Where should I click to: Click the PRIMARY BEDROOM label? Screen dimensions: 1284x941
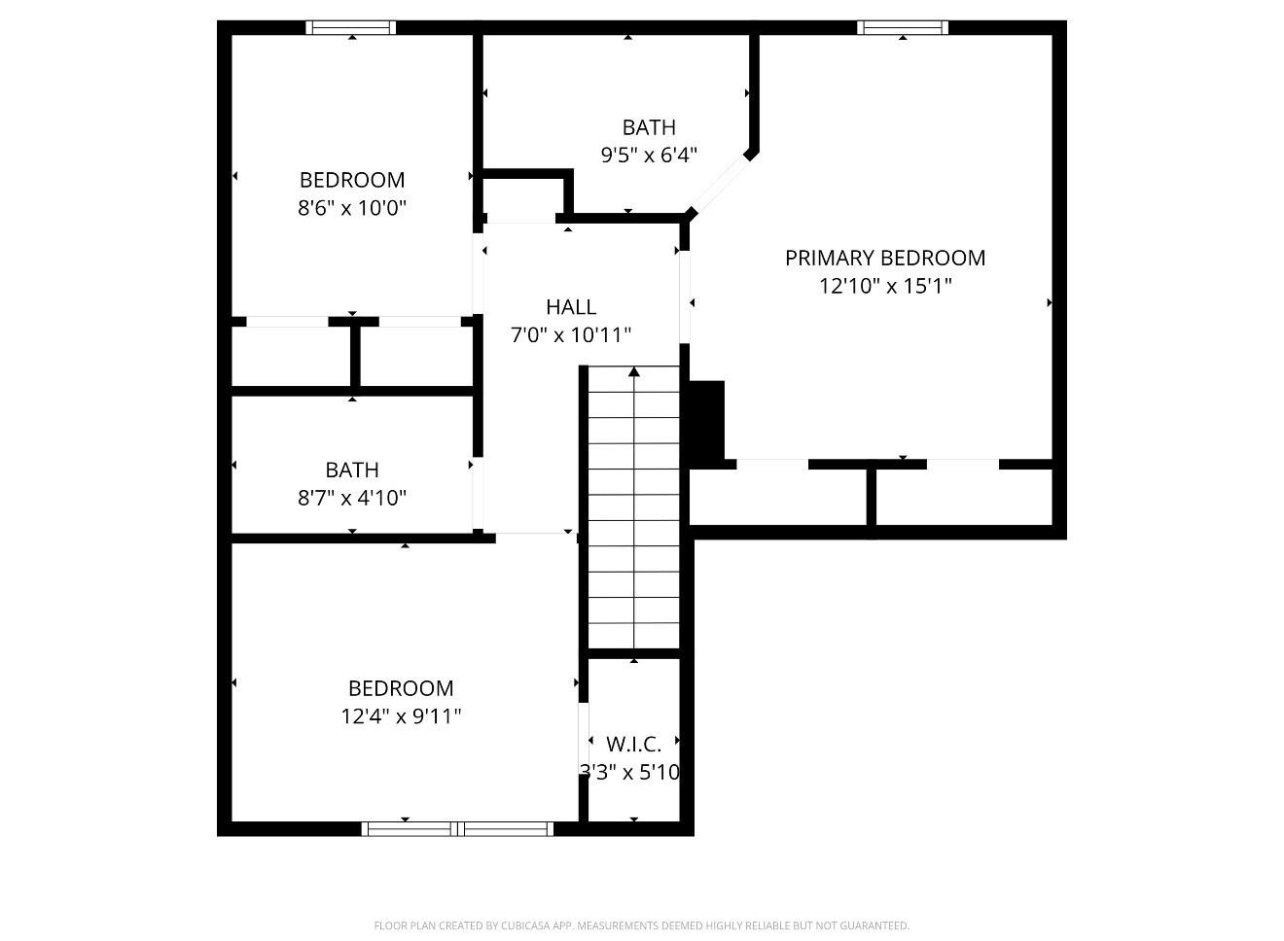click(885, 258)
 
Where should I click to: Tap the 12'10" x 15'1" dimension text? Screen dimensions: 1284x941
click(885, 285)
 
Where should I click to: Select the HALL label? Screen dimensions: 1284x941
click(571, 307)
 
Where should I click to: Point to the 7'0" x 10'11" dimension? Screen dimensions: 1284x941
click(571, 334)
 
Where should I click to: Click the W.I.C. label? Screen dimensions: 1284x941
click(633, 744)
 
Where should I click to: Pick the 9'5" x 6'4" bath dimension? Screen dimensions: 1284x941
click(649, 155)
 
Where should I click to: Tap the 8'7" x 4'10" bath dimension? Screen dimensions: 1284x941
click(352, 498)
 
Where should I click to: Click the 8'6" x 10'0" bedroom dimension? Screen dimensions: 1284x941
click(352, 207)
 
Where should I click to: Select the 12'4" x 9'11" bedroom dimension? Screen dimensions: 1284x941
click(401, 715)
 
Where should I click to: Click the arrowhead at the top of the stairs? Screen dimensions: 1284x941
click(634, 371)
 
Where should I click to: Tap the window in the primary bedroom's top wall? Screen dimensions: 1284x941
click(903, 27)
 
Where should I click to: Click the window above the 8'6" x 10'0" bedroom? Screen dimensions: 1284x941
click(351, 27)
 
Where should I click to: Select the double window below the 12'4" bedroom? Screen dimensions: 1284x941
click(457, 829)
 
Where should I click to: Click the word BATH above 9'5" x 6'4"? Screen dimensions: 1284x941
click(649, 127)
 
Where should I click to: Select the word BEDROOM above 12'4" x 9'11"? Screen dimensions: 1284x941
click(401, 688)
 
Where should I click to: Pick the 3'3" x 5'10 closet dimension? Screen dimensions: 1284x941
click(630, 772)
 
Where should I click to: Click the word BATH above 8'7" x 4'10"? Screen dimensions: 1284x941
click(352, 470)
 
